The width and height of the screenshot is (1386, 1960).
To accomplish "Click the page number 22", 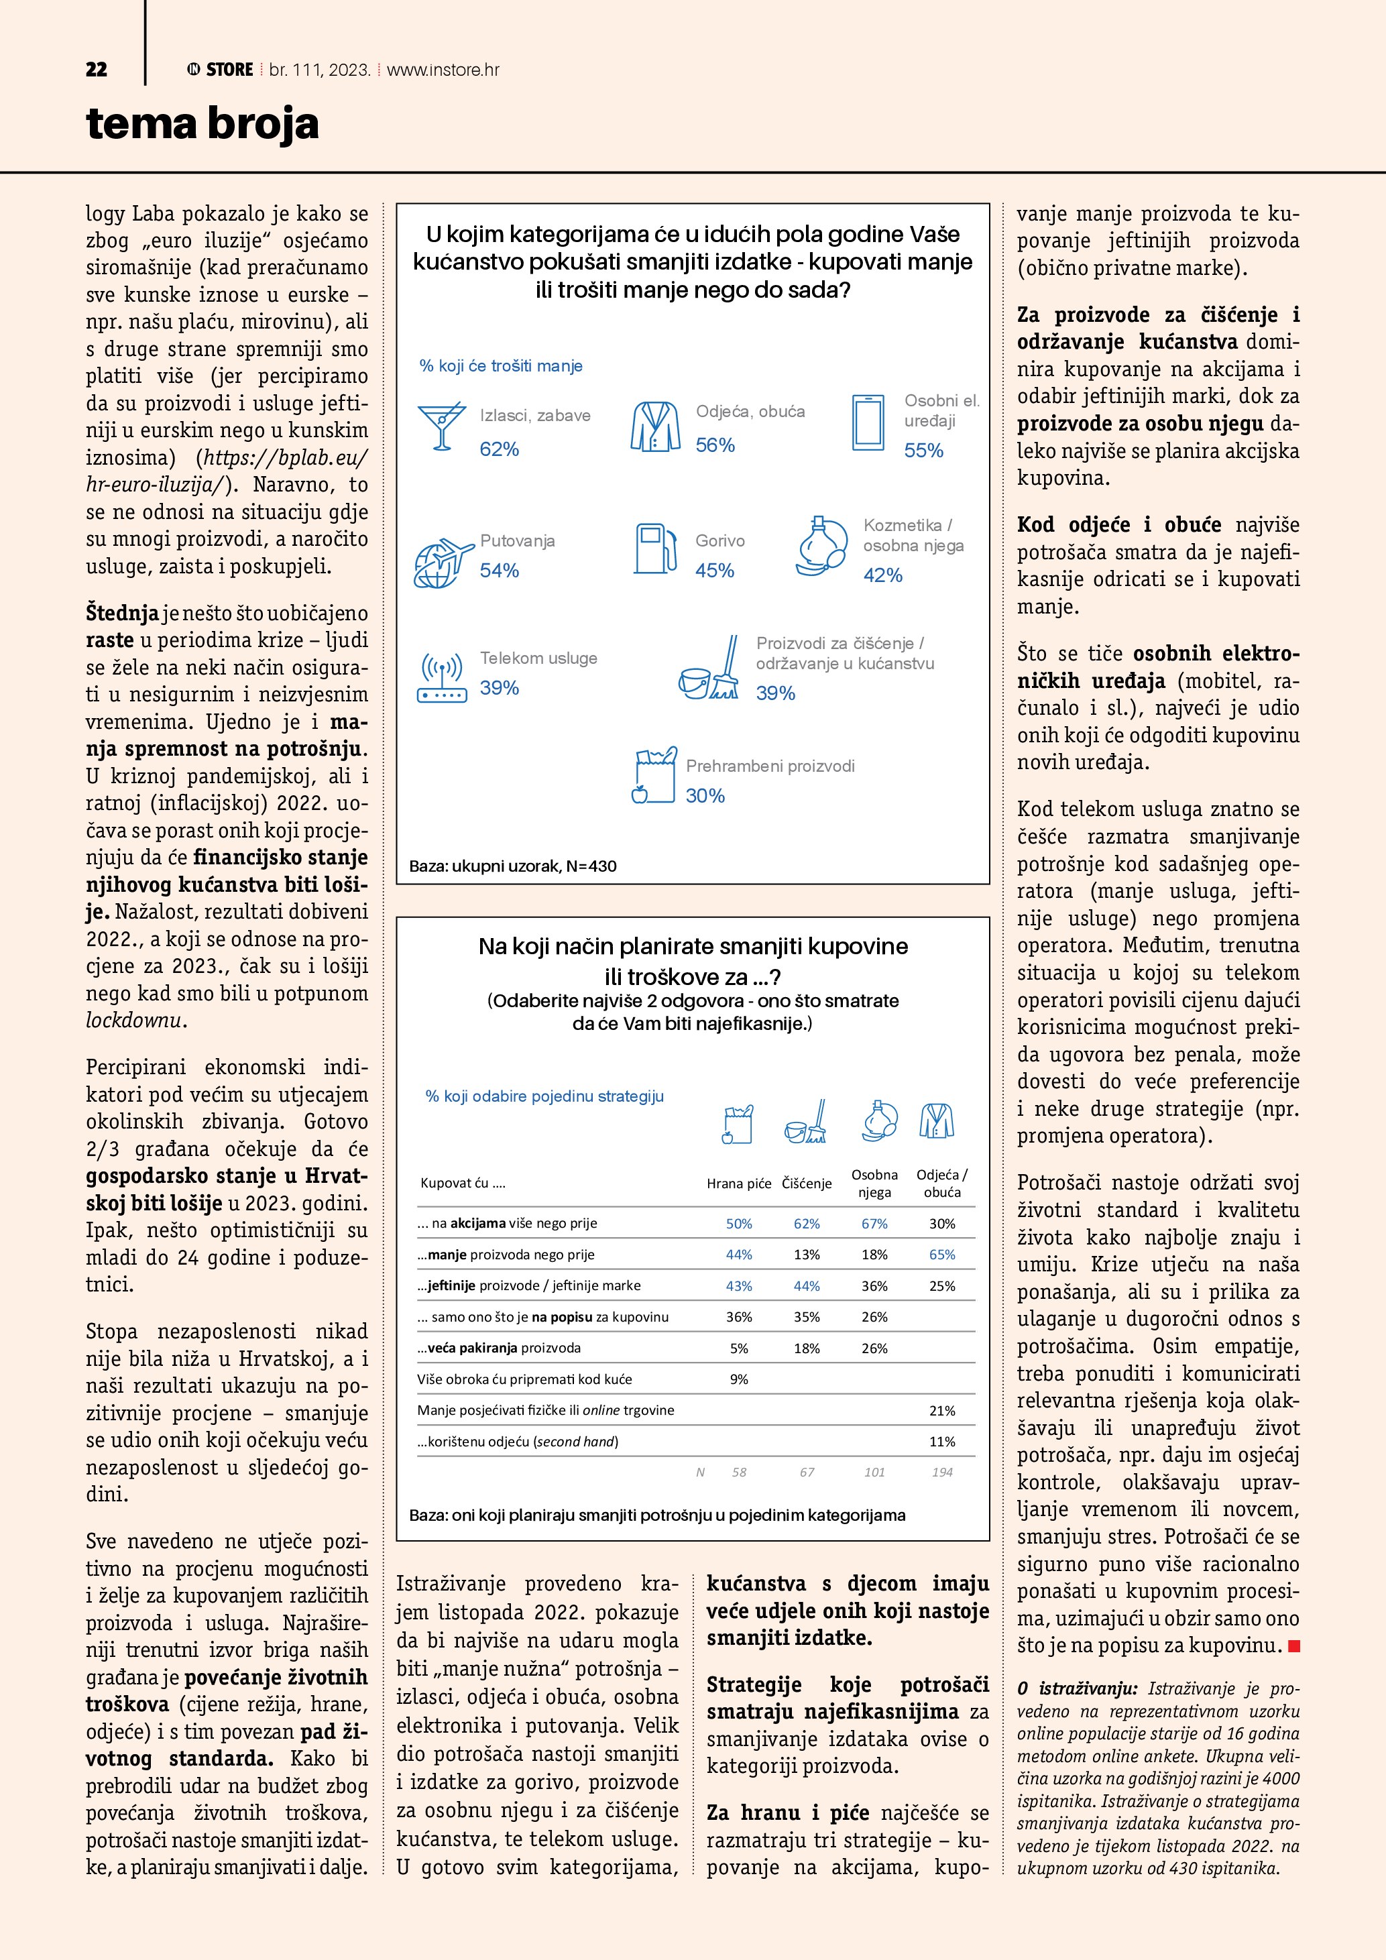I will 97,70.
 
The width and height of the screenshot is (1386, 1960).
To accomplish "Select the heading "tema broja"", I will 203,124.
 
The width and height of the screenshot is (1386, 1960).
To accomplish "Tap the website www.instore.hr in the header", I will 443,70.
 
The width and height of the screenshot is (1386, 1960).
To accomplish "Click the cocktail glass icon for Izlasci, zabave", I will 441,425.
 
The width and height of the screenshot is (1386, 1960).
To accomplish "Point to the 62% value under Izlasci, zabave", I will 500,449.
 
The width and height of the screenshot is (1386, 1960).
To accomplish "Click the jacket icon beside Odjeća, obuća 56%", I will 655,426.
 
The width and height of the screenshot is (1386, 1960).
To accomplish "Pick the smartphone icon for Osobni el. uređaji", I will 868,422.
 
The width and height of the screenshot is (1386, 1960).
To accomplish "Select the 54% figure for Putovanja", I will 500,570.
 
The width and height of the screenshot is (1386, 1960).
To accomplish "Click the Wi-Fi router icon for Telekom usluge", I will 441,677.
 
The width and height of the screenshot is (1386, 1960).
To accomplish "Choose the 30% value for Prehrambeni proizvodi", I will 705,796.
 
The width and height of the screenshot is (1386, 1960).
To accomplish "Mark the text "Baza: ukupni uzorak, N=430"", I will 513,866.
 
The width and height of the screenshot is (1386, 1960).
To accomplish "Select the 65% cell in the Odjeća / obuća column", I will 941,1254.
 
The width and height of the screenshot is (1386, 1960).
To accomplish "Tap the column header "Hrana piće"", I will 738,1183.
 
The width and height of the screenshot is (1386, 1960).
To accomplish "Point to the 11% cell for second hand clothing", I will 941,1441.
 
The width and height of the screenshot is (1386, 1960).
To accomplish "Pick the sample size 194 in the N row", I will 941,1472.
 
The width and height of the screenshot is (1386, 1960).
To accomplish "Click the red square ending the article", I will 1294,1646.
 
